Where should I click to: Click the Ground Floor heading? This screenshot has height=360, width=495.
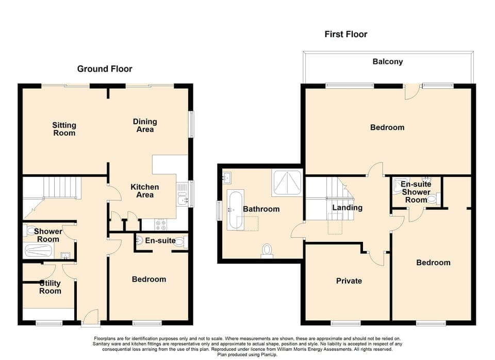pos(105,69)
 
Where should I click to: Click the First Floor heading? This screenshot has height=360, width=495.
pos(345,34)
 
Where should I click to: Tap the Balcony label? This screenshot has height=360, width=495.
pos(387,61)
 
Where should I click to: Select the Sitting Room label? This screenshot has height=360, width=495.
pos(64,129)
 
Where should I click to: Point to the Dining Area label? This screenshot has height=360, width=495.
pos(145,125)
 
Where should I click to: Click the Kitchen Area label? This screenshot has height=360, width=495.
pos(144,191)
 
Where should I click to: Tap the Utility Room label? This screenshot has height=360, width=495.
pos(50,287)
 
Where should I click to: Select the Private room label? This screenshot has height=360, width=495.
pos(349,281)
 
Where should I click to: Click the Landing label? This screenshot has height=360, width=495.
pos(347,207)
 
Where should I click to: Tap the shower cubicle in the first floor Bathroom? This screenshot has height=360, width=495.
pos(287,182)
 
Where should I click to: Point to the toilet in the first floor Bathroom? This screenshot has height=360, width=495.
pos(267,251)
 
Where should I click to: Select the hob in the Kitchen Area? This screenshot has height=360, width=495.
pos(160,224)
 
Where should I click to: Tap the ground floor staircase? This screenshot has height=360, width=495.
pos(61,187)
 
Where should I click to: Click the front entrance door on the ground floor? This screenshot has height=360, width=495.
pos(91,318)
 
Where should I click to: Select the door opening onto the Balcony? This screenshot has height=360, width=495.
pos(411,92)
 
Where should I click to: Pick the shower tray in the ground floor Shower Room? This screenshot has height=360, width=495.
pos(38,251)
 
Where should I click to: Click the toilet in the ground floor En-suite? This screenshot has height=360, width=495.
pos(179,241)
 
